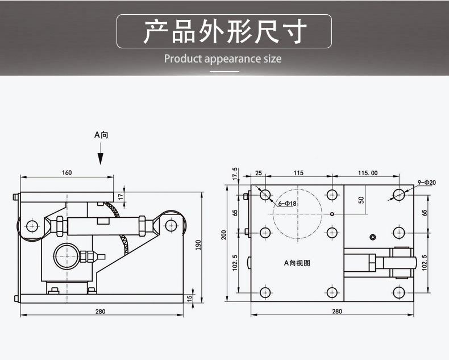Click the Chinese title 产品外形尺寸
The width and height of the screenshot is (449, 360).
click(224, 31)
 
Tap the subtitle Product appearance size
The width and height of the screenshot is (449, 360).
click(223, 59)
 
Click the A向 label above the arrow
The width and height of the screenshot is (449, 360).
click(101, 135)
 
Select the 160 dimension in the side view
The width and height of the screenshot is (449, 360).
click(67, 173)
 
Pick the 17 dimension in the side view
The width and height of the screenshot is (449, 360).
click(120, 196)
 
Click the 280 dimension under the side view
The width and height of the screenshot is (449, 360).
click(101, 311)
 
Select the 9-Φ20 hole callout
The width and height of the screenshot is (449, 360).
click(426, 183)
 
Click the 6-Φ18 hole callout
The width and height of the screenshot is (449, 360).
click(288, 203)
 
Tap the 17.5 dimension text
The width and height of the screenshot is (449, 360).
click(234, 173)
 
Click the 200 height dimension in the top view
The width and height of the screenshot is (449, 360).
click(224, 235)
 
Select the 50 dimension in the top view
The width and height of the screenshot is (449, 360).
click(361, 200)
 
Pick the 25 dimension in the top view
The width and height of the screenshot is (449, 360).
click(258, 173)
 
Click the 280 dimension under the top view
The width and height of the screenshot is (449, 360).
click(337, 311)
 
